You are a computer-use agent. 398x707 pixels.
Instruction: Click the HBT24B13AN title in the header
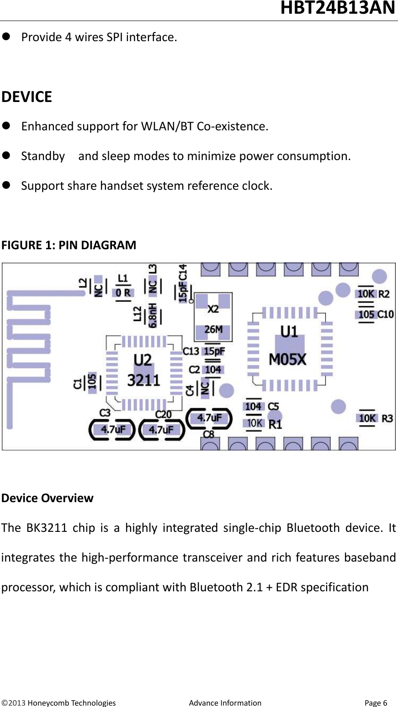pos(338,8)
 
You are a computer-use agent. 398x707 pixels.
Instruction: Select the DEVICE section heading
pos(27,97)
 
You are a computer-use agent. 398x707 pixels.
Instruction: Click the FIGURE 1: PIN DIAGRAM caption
pos(69,245)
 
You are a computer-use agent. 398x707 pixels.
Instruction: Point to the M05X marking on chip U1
pos(287,360)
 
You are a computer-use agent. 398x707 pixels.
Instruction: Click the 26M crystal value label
pos(213,329)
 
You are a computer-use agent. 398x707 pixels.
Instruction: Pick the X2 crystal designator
pos(213,309)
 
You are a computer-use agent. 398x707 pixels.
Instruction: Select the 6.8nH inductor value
pos(153,315)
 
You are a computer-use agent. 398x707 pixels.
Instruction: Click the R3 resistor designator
pos(387,418)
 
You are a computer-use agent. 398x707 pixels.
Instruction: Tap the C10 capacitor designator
pos(386,314)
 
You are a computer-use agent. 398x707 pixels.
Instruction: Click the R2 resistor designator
pos(384,294)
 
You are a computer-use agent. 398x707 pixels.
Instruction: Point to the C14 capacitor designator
pos(183,272)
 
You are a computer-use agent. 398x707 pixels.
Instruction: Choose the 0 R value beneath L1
pos(123,293)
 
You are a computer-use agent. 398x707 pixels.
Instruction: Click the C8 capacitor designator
pos(208,434)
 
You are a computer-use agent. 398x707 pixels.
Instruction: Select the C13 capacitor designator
pos(191,351)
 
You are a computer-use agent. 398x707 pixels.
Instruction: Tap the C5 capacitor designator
pos(273,406)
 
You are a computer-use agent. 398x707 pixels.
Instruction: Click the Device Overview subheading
pos(48,498)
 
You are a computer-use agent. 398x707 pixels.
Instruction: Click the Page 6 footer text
pos(376,703)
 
